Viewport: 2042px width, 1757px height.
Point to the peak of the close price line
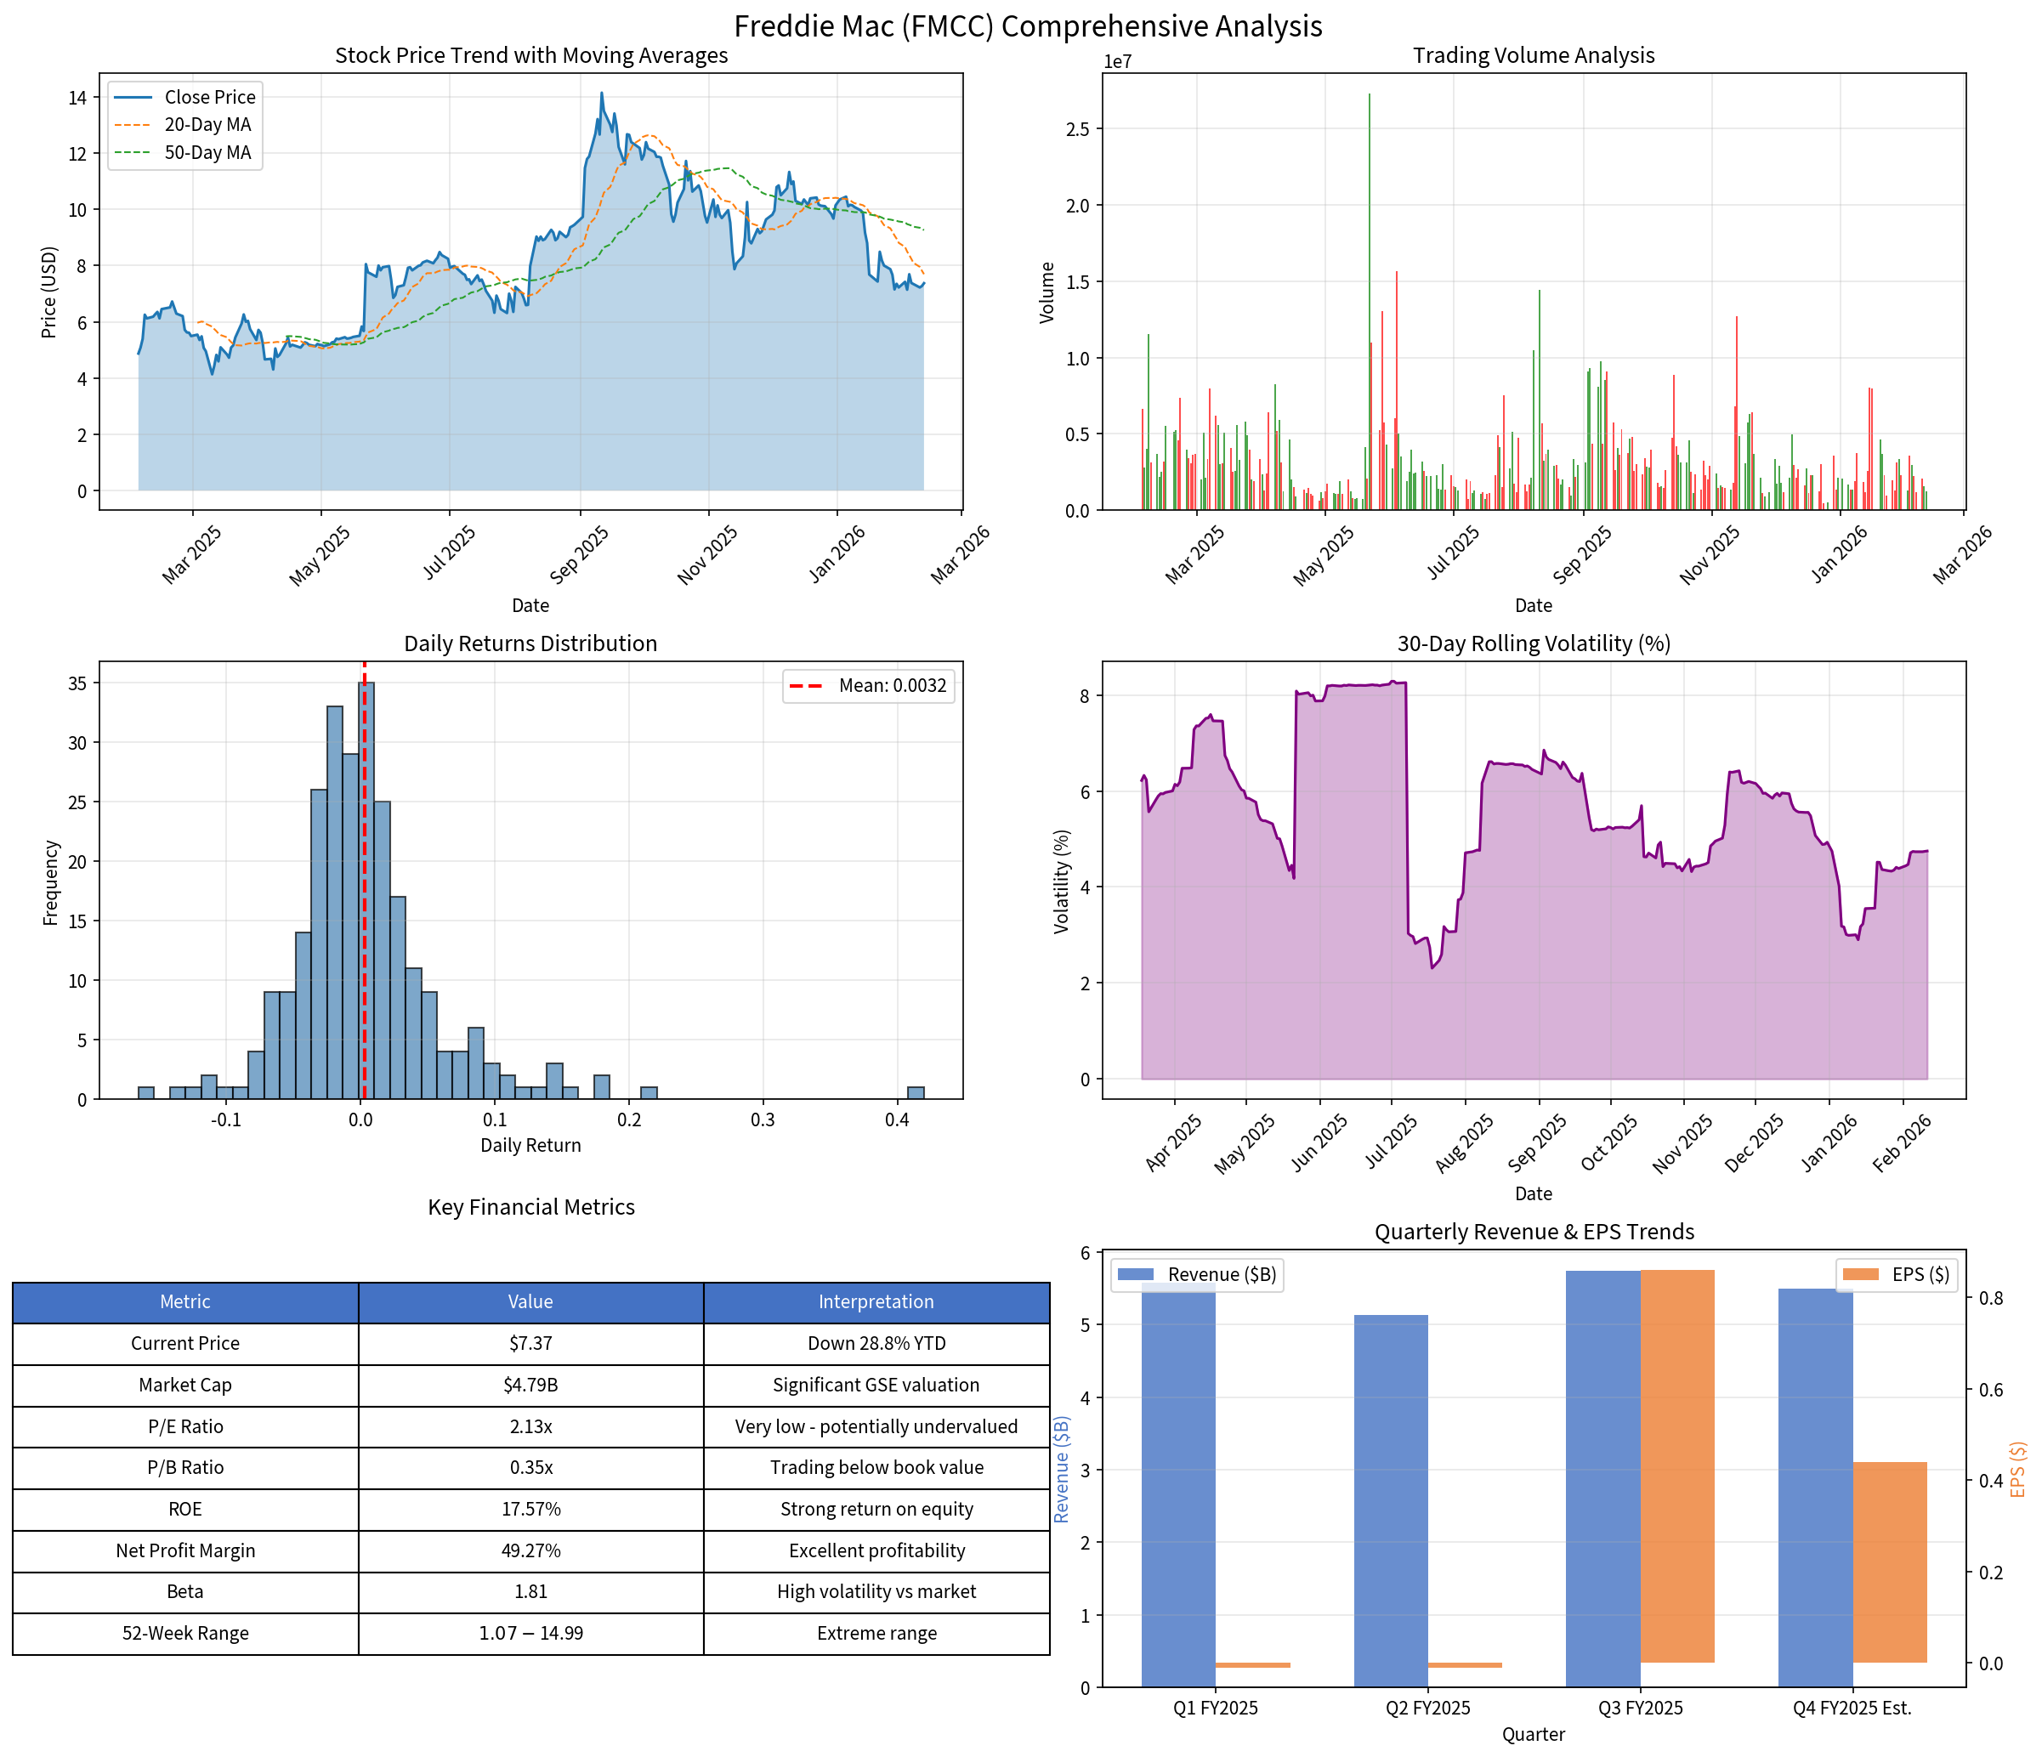602,94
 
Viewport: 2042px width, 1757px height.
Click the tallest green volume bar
1369,296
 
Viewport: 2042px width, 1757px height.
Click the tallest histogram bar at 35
366,887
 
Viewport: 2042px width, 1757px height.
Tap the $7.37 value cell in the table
530,1343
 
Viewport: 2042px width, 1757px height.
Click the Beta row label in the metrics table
185,1591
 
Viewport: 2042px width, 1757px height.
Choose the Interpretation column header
876,1301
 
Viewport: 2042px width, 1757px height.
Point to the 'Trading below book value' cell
876,1467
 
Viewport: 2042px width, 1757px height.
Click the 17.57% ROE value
530,1509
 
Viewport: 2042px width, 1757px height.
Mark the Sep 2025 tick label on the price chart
581,555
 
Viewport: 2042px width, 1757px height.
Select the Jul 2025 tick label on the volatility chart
1392,1141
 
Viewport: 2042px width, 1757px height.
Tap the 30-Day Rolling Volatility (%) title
1534,643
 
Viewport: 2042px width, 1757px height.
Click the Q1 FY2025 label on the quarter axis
1215,1708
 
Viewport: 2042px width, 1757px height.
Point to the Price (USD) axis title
49,292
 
